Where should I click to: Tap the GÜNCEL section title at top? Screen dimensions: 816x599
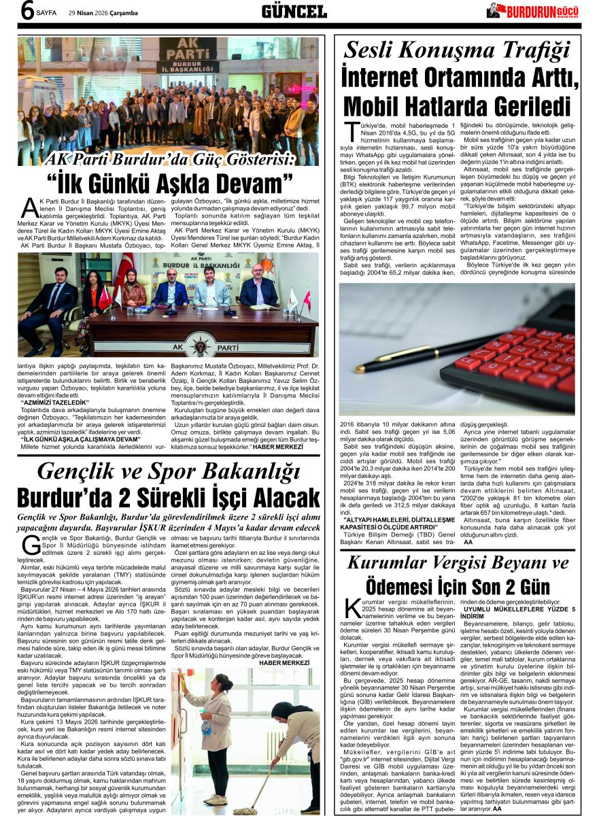[x=294, y=11]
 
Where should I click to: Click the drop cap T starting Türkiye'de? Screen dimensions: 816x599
[x=351, y=133]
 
